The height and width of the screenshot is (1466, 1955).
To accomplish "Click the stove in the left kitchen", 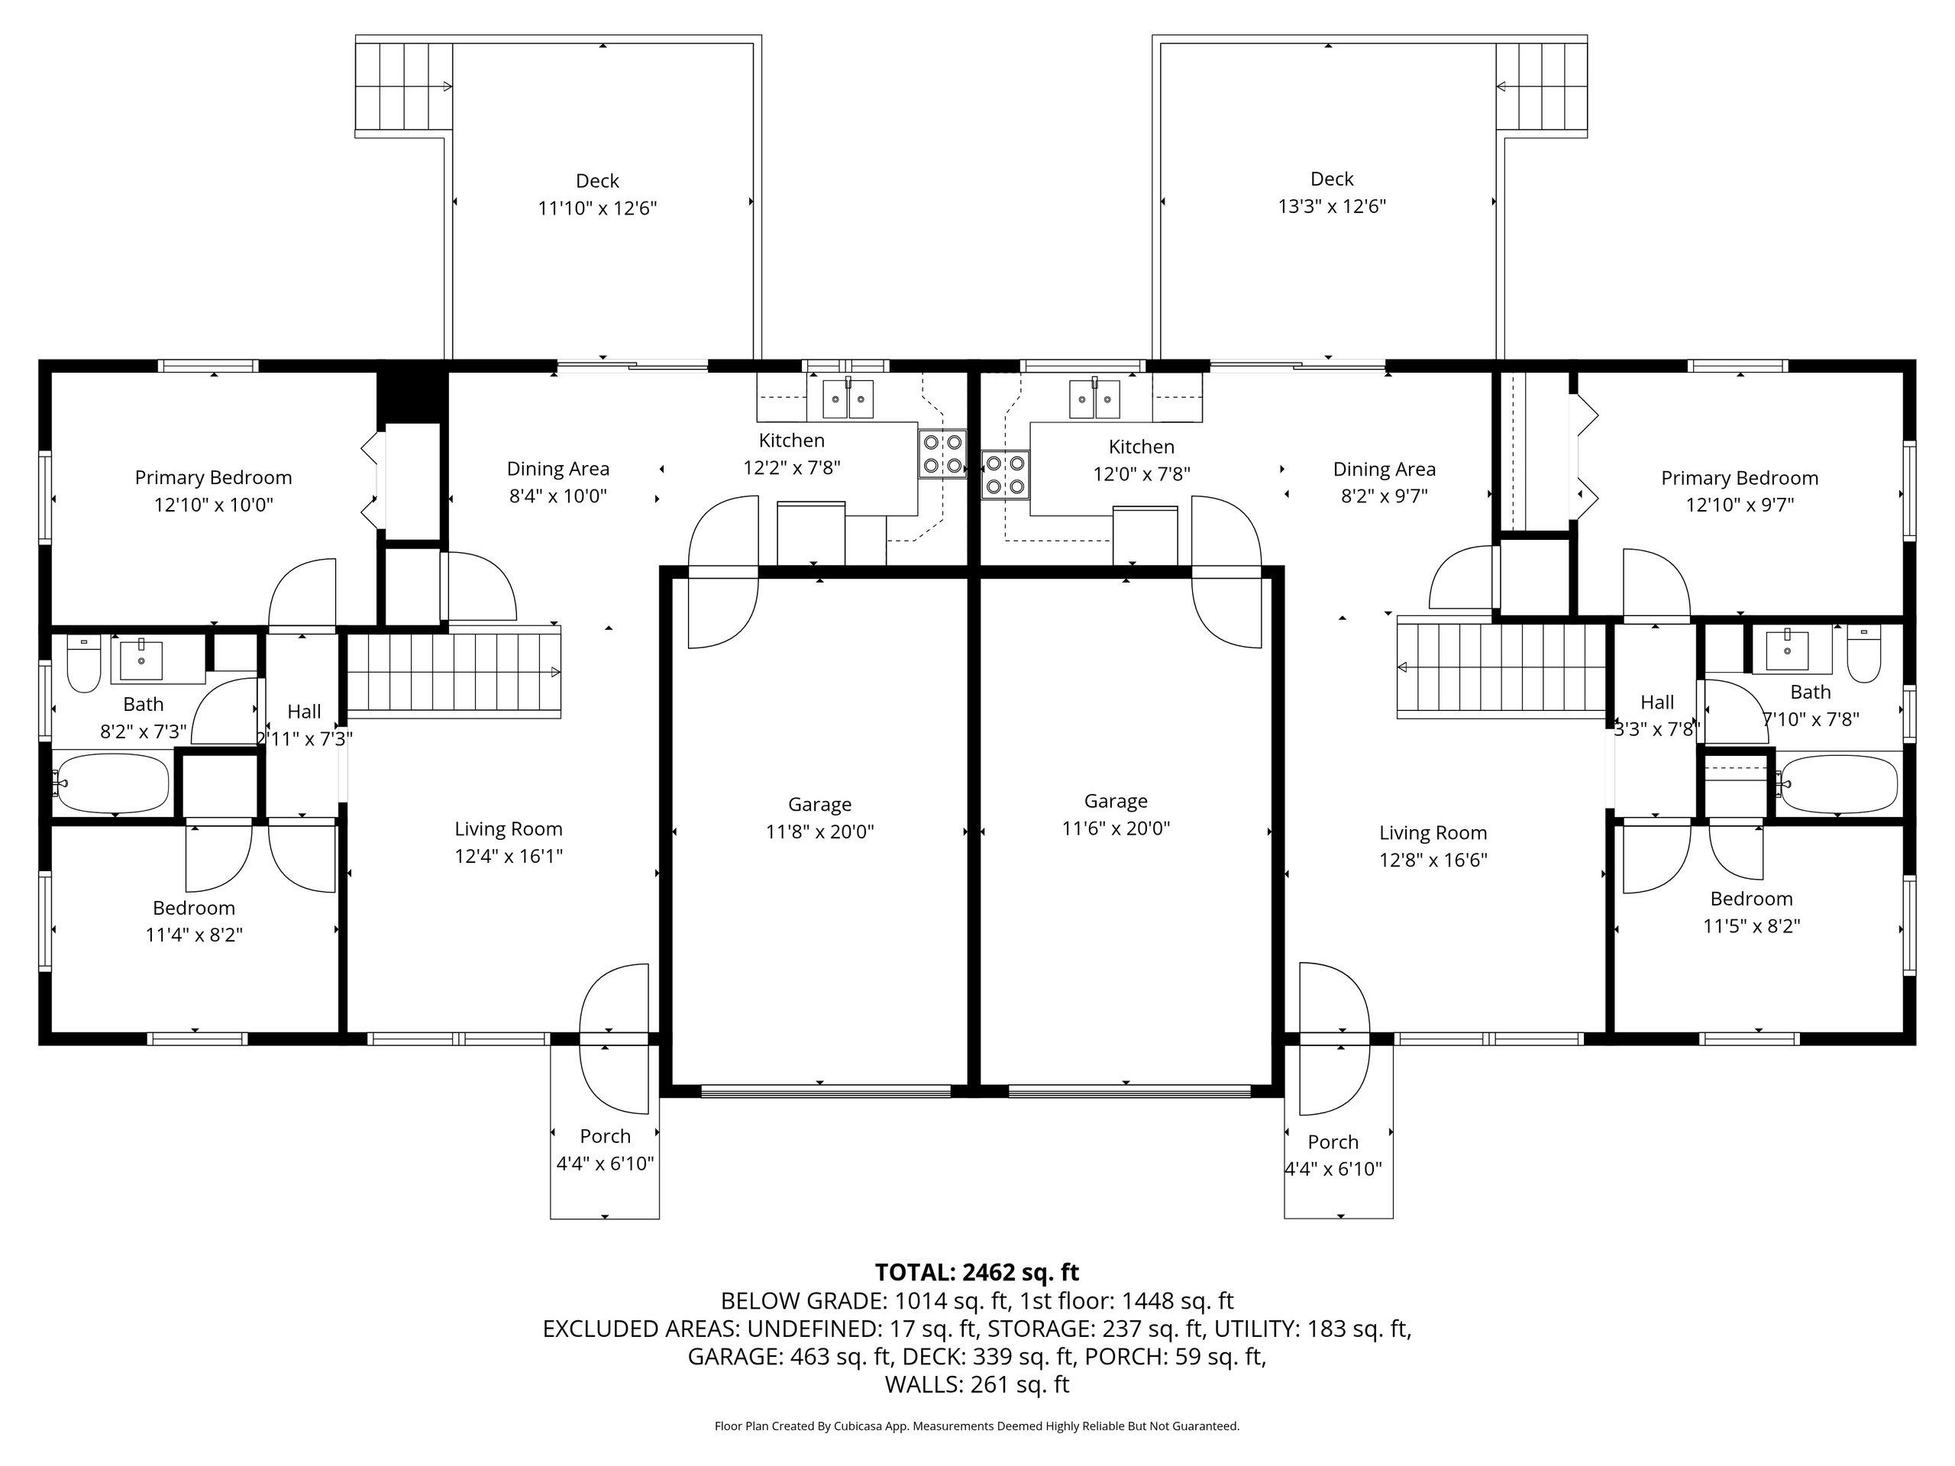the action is coord(942,454).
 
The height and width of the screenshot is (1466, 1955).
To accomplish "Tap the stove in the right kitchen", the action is coord(1006,474).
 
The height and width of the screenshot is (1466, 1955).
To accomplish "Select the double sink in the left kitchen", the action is coord(848,399).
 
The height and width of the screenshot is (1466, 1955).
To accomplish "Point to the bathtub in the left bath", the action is coord(112,783).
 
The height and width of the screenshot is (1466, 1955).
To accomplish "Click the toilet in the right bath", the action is coord(1864,655).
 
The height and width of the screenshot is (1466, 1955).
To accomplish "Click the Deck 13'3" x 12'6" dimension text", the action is coord(1332,207).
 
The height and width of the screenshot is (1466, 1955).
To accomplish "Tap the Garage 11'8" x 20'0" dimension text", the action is coord(820,831).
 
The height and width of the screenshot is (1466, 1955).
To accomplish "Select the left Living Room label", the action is coord(508,829).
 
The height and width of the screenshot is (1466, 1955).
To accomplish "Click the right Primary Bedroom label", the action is coord(1740,478).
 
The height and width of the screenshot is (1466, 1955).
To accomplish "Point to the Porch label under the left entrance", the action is coord(606,1136).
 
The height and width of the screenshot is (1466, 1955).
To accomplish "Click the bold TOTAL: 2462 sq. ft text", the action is coord(977,1273).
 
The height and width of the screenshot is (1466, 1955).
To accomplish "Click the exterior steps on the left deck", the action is coord(404,86).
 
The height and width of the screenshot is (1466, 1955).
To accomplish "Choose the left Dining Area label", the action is coord(557,468).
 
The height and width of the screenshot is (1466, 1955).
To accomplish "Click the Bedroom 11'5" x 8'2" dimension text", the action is coord(1752,926).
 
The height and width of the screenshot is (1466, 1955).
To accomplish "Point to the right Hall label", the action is coord(1657,702).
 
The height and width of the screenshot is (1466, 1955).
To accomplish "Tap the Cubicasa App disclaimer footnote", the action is coord(977,1426).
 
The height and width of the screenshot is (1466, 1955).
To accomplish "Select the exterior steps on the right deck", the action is coord(1541,86).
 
